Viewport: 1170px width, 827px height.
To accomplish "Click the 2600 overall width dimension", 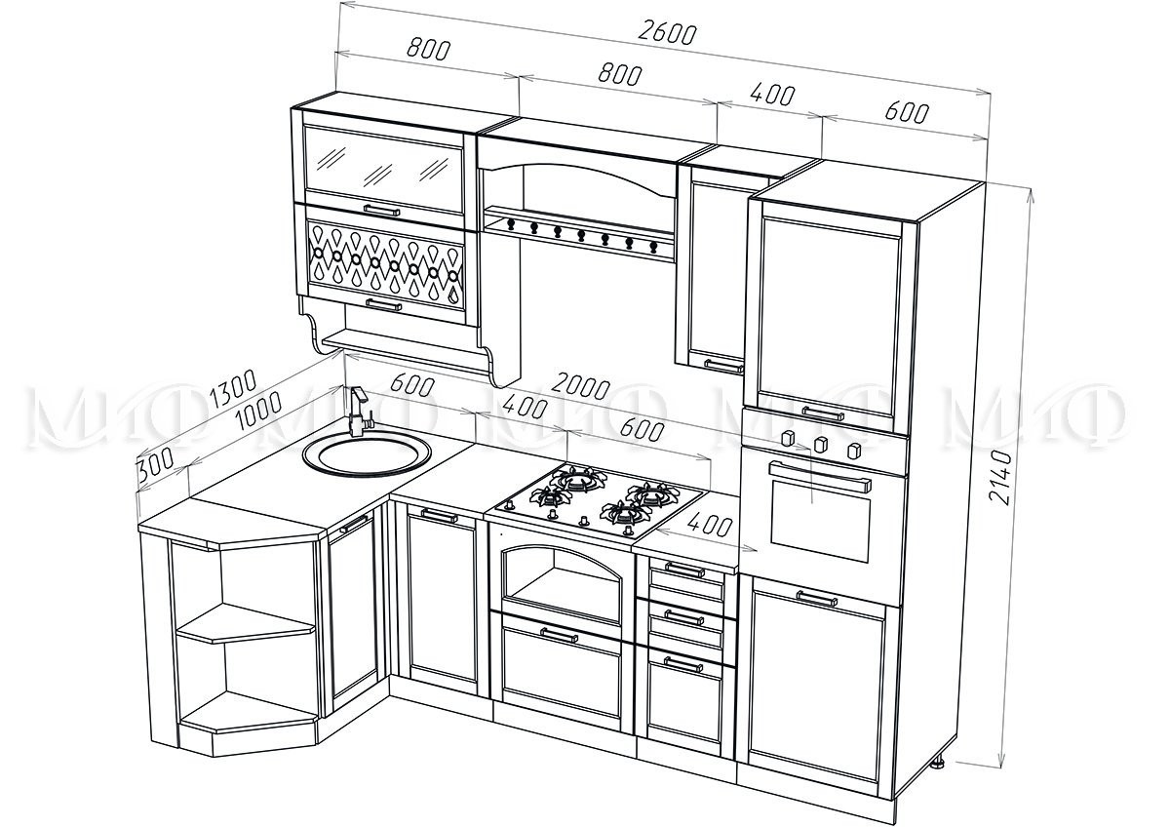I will coord(668,32).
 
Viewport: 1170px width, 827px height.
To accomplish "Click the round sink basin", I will coord(366,453).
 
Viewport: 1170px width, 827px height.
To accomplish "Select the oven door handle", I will coord(821,477).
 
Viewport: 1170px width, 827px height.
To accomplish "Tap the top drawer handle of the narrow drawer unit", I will coord(683,569).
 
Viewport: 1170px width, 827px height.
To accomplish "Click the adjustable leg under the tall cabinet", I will coord(941,763).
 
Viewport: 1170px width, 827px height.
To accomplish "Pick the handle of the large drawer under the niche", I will coord(559,635).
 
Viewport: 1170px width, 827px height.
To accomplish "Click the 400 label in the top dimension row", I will coord(773,96).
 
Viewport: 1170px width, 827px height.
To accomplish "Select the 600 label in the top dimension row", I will coord(906,112).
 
